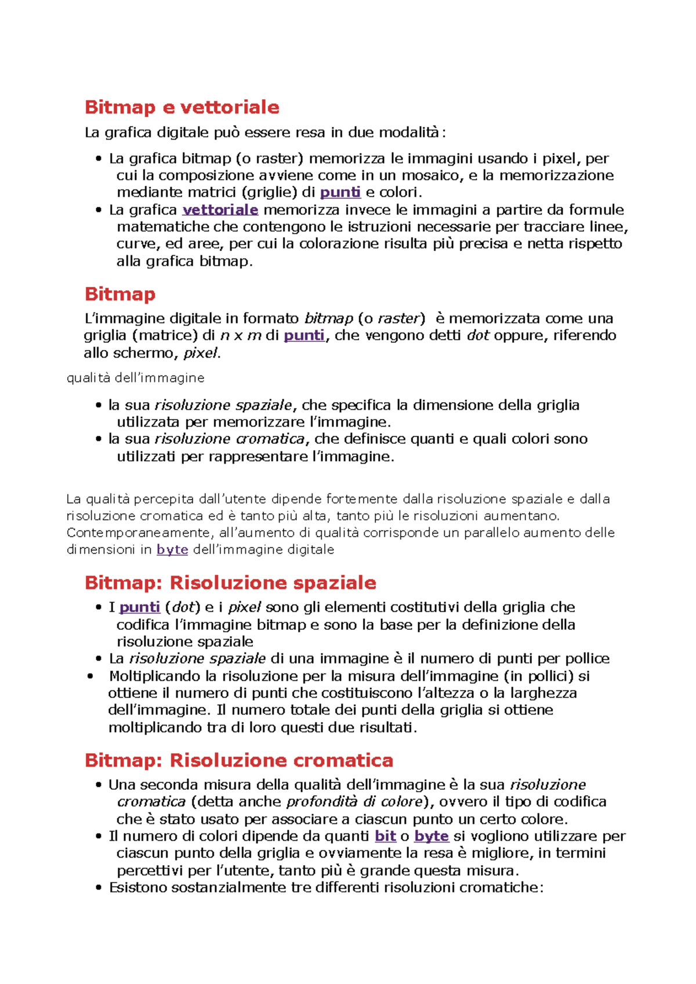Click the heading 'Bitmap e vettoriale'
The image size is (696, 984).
(182, 107)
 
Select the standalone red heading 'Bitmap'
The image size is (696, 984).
(120, 294)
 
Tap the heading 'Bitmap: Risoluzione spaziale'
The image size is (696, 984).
(230, 582)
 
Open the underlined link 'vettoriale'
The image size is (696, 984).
(220, 210)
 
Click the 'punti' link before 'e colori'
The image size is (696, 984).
(340, 192)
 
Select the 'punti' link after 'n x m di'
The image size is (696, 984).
(304, 336)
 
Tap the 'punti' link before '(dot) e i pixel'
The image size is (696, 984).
(140, 607)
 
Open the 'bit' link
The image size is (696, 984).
(386, 836)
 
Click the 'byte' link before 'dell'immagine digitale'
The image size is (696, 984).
(172, 549)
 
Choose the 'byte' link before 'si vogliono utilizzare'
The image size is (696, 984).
(432, 836)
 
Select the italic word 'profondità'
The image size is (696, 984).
(322, 802)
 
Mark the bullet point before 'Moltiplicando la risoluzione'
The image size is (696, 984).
(90, 676)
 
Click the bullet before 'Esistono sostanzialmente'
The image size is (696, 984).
(99, 888)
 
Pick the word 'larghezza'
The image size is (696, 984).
(543, 693)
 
